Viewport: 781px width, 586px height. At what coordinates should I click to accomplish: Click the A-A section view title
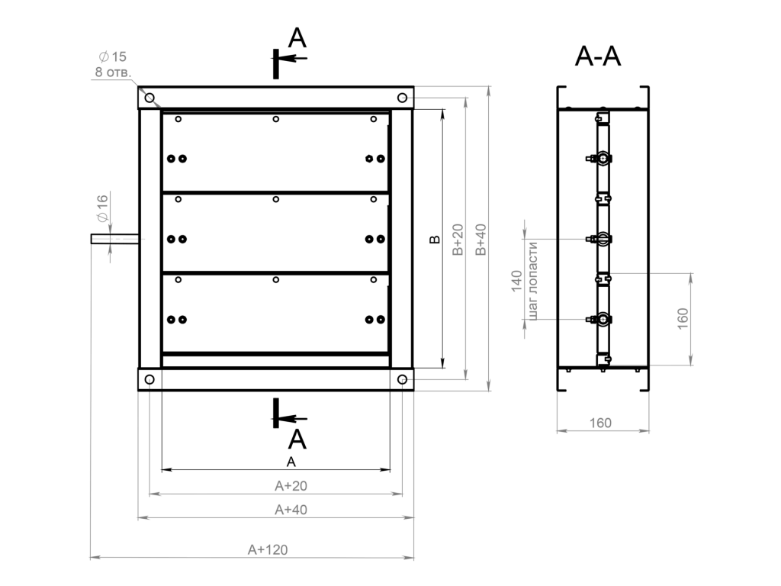(x=598, y=56)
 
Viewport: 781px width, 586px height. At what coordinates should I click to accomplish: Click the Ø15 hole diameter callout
(x=113, y=56)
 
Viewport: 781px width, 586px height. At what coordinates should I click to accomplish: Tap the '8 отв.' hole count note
(x=113, y=72)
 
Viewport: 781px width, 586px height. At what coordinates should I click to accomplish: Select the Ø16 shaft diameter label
(x=102, y=208)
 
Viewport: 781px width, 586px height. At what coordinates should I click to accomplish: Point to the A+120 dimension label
(x=268, y=549)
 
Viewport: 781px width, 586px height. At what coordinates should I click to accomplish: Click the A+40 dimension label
(x=291, y=510)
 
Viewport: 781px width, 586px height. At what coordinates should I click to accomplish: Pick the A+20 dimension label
(x=291, y=485)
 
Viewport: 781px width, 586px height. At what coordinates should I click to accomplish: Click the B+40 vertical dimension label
(x=480, y=239)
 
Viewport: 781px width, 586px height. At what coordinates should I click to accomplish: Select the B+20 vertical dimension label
(x=458, y=239)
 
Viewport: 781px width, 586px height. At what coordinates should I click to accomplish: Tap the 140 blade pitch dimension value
(x=516, y=281)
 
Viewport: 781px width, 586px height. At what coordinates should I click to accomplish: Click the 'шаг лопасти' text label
(x=532, y=281)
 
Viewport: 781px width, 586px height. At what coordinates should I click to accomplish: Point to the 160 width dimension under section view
(x=600, y=423)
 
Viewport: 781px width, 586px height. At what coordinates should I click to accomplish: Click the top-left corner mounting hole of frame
(x=149, y=98)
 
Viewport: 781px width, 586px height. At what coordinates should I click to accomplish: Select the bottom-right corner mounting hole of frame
(x=403, y=380)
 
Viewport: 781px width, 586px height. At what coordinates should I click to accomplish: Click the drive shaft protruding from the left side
(x=115, y=239)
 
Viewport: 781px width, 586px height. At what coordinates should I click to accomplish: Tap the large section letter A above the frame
(x=297, y=37)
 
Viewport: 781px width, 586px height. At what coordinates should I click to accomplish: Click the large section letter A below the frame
(x=297, y=439)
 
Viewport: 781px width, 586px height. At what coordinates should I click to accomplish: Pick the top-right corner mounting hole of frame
(x=403, y=98)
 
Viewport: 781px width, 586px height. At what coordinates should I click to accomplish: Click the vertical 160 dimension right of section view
(x=683, y=318)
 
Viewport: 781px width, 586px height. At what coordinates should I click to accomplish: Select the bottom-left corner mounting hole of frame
(x=149, y=380)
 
